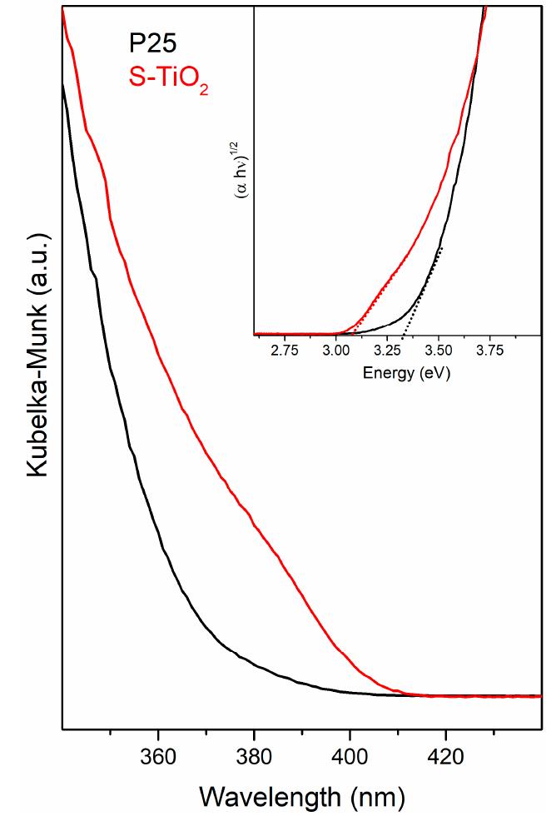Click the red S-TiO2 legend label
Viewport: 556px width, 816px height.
click(167, 80)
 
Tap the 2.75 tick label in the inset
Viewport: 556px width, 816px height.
click(285, 351)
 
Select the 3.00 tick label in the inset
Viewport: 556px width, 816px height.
click(336, 351)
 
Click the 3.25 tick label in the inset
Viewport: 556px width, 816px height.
click(388, 351)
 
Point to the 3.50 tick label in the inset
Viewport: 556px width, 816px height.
click(439, 351)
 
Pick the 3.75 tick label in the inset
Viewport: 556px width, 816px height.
click(490, 351)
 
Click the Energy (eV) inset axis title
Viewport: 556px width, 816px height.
click(406, 374)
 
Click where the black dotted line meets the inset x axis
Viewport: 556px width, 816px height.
click(403, 335)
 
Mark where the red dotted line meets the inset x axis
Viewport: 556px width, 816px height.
click(353, 335)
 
